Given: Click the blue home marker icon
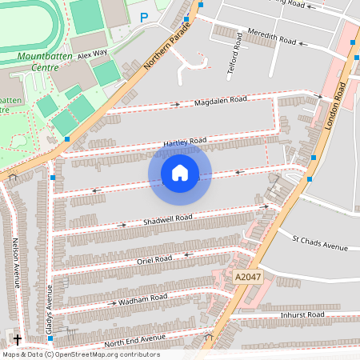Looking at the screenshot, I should point(180,172).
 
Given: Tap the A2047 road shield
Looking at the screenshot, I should point(248,276).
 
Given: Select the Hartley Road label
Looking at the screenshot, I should point(185,142).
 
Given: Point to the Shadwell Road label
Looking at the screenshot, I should point(167,218).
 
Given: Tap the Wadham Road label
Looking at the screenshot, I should point(142,298).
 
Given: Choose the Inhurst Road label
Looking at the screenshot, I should point(303,315).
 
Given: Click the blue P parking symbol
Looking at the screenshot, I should point(144,17).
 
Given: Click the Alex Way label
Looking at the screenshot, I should point(93,55).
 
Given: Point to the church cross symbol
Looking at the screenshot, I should point(18,340).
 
